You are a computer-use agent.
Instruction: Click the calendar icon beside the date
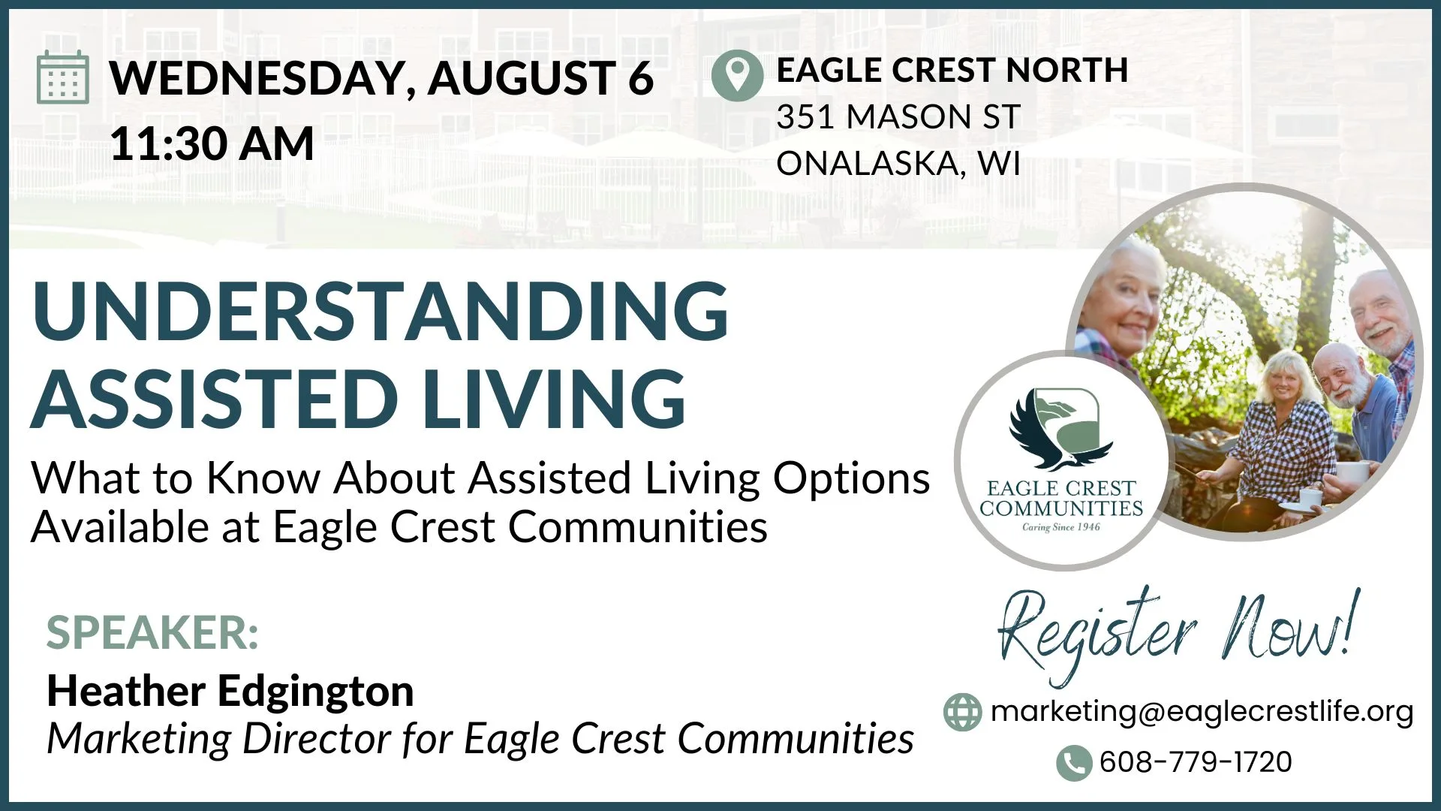click(x=63, y=77)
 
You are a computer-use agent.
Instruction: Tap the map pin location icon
click(x=737, y=75)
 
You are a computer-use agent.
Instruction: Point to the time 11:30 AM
click(x=212, y=143)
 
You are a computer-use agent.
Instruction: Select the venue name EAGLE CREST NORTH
click(x=952, y=71)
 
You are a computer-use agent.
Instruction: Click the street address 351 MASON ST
click(x=898, y=117)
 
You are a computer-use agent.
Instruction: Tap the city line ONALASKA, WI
click(x=898, y=164)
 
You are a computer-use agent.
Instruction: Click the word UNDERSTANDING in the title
click(x=380, y=311)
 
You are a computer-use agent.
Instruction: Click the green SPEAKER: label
click(x=152, y=633)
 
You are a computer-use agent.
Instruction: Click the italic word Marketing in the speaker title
click(x=139, y=740)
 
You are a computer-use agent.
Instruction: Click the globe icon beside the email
click(x=962, y=712)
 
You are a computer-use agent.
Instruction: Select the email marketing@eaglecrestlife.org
click(x=1202, y=711)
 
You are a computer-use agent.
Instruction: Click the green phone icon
click(x=1074, y=763)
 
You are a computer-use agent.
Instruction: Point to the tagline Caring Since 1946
click(x=1061, y=527)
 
